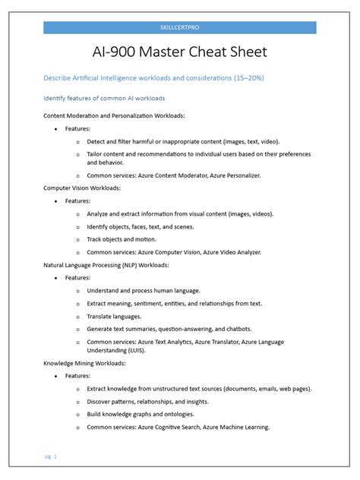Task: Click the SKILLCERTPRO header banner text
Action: [x=179, y=27]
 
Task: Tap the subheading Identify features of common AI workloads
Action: [x=104, y=98]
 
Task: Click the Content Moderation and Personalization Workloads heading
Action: [x=114, y=115]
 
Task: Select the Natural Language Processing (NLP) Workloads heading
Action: [x=106, y=265]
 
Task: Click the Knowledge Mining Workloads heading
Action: [x=84, y=364]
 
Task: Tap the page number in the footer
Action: [x=51, y=456]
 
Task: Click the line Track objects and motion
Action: [x=122, y=239]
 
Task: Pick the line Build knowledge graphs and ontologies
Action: [x=141, y=414]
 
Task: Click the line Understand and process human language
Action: [x=144, y=290]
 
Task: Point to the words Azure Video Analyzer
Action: [x=230, y=251]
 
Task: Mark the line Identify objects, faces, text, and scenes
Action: [x=141, y=226]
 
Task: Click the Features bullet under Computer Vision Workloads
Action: [x=77, y=201]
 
